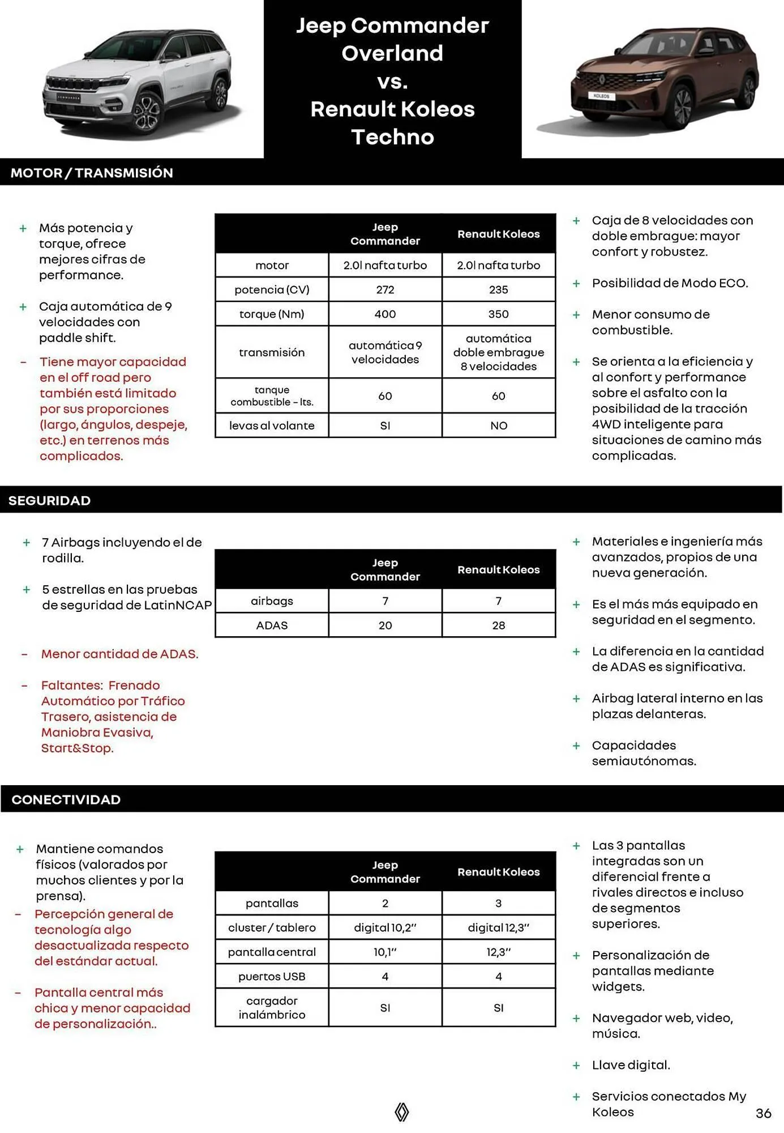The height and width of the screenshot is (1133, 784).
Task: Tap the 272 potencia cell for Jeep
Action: coord(385,289)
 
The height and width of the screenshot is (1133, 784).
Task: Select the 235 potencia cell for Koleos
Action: coord(498,289)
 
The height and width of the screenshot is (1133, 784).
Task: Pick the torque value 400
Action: coord(385,314)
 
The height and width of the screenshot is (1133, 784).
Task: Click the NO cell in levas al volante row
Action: coord(498,425)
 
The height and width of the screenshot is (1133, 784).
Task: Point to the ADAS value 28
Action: coord(498,625)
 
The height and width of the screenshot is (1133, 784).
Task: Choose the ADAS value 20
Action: coord(385,625)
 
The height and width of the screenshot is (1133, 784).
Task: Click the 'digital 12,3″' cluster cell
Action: coord(498,927)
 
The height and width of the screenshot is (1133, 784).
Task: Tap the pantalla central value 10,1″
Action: coord(385,952)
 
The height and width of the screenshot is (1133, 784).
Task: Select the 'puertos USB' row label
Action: coord(272,976)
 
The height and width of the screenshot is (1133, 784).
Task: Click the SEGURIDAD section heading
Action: coord(50,500)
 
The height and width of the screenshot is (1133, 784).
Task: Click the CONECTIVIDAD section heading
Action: coord(66,799)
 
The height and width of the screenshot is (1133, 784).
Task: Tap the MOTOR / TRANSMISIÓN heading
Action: coord(92,173)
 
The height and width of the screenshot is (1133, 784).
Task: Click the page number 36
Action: coord(763,1113)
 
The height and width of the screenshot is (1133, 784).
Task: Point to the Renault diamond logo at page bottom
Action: coord(401,1111)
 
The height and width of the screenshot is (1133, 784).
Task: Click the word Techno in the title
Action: coord(392,137)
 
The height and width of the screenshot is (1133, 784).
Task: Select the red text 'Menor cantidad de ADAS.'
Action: coord(119,654)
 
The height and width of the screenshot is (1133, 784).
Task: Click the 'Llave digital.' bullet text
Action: coord(631,1065)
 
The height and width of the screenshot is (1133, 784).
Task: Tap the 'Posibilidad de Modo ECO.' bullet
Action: coord(670,283)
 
